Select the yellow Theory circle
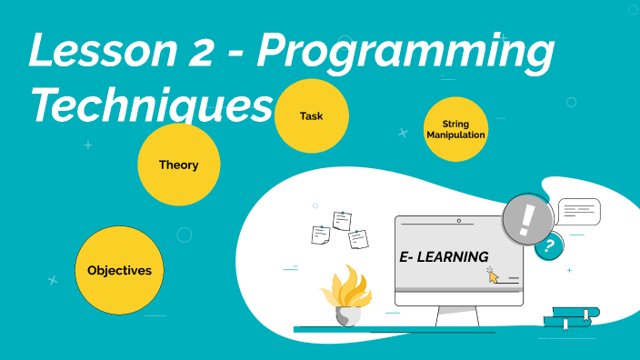point(178,165)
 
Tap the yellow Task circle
point(311,116)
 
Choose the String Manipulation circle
point(455,129)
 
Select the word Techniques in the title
point(151,105)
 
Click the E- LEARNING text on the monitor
point(444,257)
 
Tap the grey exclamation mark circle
point(526,219)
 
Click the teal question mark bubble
point(548,245)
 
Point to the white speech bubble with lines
point(578,212)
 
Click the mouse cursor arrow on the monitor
point(493,275)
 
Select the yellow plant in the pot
point(347,288)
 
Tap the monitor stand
point(457,315)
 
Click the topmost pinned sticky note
point(342,219)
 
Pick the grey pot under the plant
point(347,315)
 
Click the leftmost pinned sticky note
point(320,235)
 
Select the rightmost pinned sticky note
point(358,238)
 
